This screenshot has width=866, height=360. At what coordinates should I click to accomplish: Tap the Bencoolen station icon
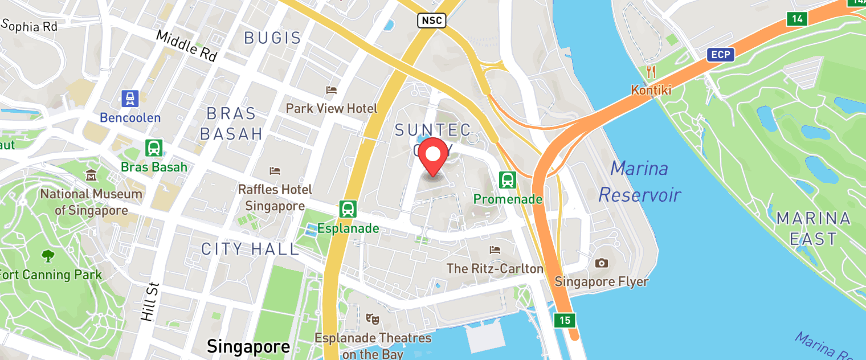(130, 99)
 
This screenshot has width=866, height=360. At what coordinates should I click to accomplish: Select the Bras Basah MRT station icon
(154, 148)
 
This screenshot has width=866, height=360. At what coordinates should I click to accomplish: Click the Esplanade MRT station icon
(347, 209)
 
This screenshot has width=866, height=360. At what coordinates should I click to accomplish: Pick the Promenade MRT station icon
(507, 180)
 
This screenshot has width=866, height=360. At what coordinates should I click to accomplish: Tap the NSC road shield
(431, 21)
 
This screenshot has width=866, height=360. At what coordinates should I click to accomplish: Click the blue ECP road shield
(720, 55)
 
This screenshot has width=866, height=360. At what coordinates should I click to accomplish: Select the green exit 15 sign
(564, 320)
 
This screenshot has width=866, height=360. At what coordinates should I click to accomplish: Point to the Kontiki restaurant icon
(651, 72)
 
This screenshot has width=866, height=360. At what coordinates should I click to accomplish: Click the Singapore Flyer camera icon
(601, 263)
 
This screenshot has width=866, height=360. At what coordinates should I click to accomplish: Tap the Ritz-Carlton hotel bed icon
(495, 250)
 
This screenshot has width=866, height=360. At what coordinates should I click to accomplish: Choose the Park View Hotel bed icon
(331, 90)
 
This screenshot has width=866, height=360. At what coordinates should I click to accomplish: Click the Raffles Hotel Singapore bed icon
(275, 171)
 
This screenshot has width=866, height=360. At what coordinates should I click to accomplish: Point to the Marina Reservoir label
(639, 182)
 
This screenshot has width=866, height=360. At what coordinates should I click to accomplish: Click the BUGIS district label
(272, 38)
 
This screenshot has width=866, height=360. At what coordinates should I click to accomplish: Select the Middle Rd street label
(186, 46)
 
